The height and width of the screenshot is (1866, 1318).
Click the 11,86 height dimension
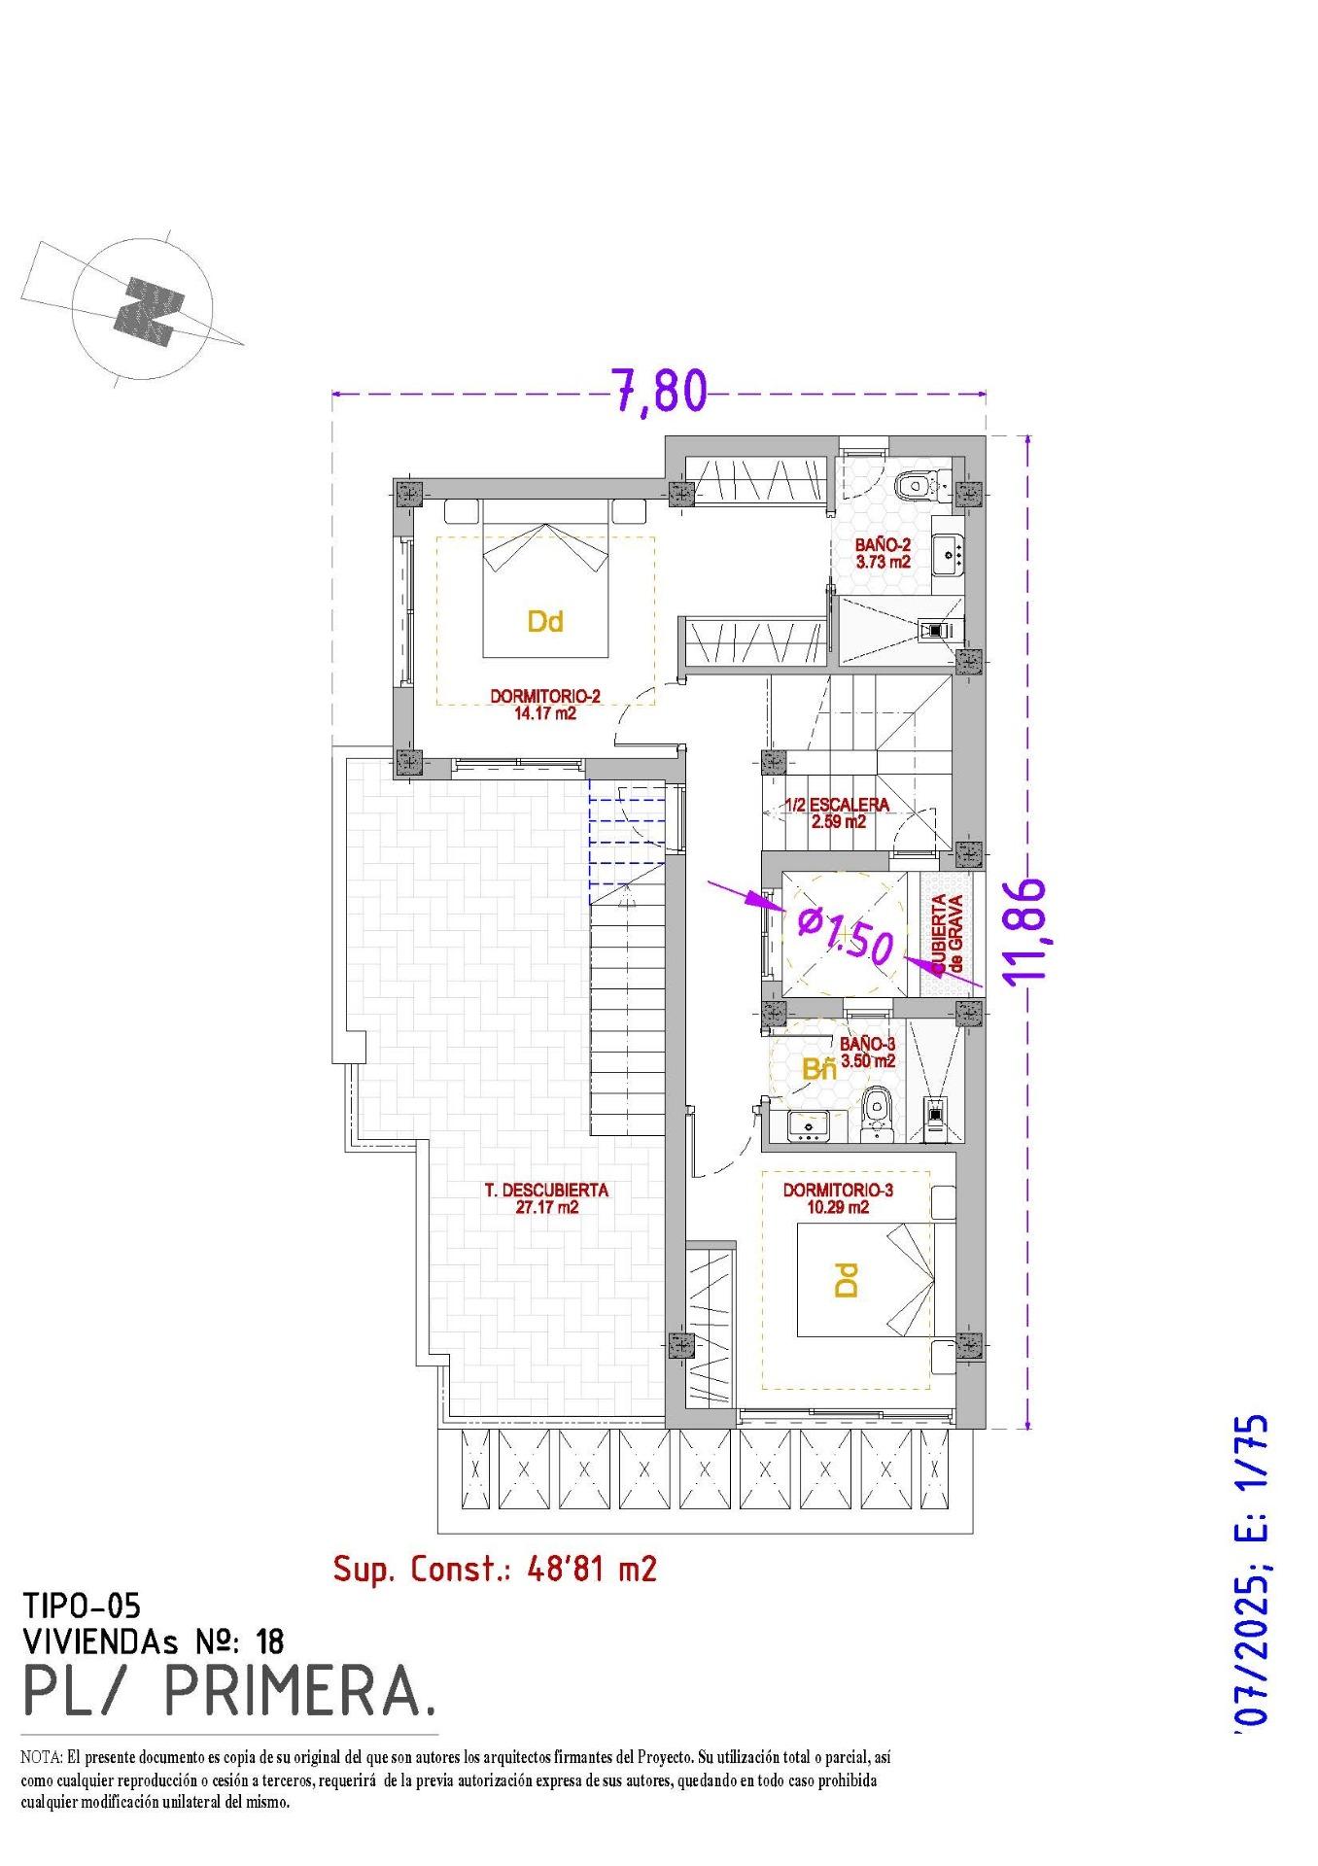1027,931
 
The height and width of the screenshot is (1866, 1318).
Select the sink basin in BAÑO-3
806,1125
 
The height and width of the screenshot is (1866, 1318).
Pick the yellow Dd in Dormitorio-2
545,622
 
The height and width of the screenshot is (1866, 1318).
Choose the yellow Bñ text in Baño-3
819,1070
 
